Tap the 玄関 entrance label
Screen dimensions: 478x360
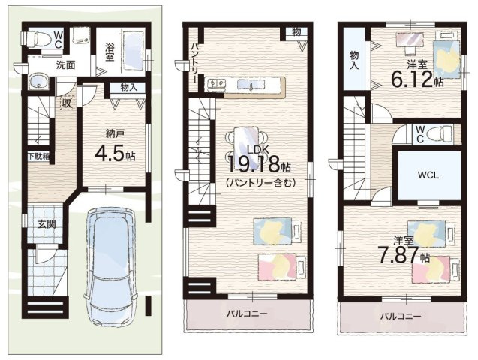[x=47, y=224]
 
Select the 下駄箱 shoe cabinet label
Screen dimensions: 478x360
[x=39, y=157]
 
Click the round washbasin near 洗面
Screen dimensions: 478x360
[x=38, y=81]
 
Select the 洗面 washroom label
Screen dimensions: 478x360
[x=65, y=64]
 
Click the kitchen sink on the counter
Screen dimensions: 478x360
[x=251, y=84]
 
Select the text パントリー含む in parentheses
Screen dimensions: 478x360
[x=260, y=183]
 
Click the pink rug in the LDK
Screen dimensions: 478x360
[x=278, y=266]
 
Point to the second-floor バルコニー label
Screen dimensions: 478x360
[x=247, y=313]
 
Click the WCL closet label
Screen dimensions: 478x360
[x=428, y=175]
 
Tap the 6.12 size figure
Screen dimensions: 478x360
[x=412, y=79]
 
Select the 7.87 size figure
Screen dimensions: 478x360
[x=398, y=254]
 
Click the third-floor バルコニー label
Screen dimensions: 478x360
[x=400, y=316]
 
